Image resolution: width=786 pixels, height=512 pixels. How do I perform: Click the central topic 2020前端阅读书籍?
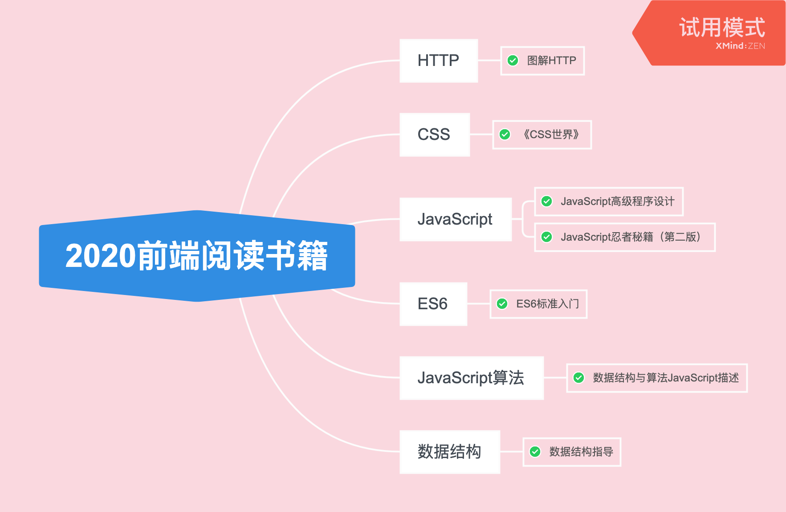(x=197, y=256)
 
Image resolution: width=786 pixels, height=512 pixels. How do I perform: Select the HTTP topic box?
(x=438, y=61)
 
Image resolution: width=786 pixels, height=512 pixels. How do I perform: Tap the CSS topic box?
(x=434, y=135)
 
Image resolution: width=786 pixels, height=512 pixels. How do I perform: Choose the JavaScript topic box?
(x=455, y=219)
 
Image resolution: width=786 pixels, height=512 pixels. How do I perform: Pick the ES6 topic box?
(x=433, y=304)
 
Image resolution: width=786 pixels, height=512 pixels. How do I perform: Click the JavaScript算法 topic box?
(x=471, y=378)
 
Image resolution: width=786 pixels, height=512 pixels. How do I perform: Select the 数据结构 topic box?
(x=449, y=452)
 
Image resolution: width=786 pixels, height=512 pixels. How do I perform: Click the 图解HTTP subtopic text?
(x=551, y=61)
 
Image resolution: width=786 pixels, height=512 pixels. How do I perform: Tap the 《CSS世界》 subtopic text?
(x=550, y=135)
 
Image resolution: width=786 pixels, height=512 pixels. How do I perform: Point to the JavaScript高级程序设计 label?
(x=617, y=201)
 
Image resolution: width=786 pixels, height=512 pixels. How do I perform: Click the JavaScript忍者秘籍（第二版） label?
(x=631, y=237)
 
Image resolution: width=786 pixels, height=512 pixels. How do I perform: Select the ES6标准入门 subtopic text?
(x=547, y=304)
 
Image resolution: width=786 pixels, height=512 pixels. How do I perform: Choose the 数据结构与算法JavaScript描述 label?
(x=666, y=378)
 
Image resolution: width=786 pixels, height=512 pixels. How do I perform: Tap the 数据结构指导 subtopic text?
(x=581, y=452)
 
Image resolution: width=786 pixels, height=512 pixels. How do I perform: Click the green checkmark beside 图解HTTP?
(x=513, y=61)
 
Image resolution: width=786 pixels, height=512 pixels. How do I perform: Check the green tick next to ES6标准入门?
(x=502, y=304)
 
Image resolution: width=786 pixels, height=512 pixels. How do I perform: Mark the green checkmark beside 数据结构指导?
(x=535, y=452)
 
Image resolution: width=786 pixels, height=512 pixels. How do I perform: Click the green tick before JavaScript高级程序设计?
(x=547, y=201)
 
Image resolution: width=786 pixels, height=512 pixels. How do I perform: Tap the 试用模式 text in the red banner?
(x=722, y=28)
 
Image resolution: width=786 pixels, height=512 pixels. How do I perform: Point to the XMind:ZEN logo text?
(x=740, y=46)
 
